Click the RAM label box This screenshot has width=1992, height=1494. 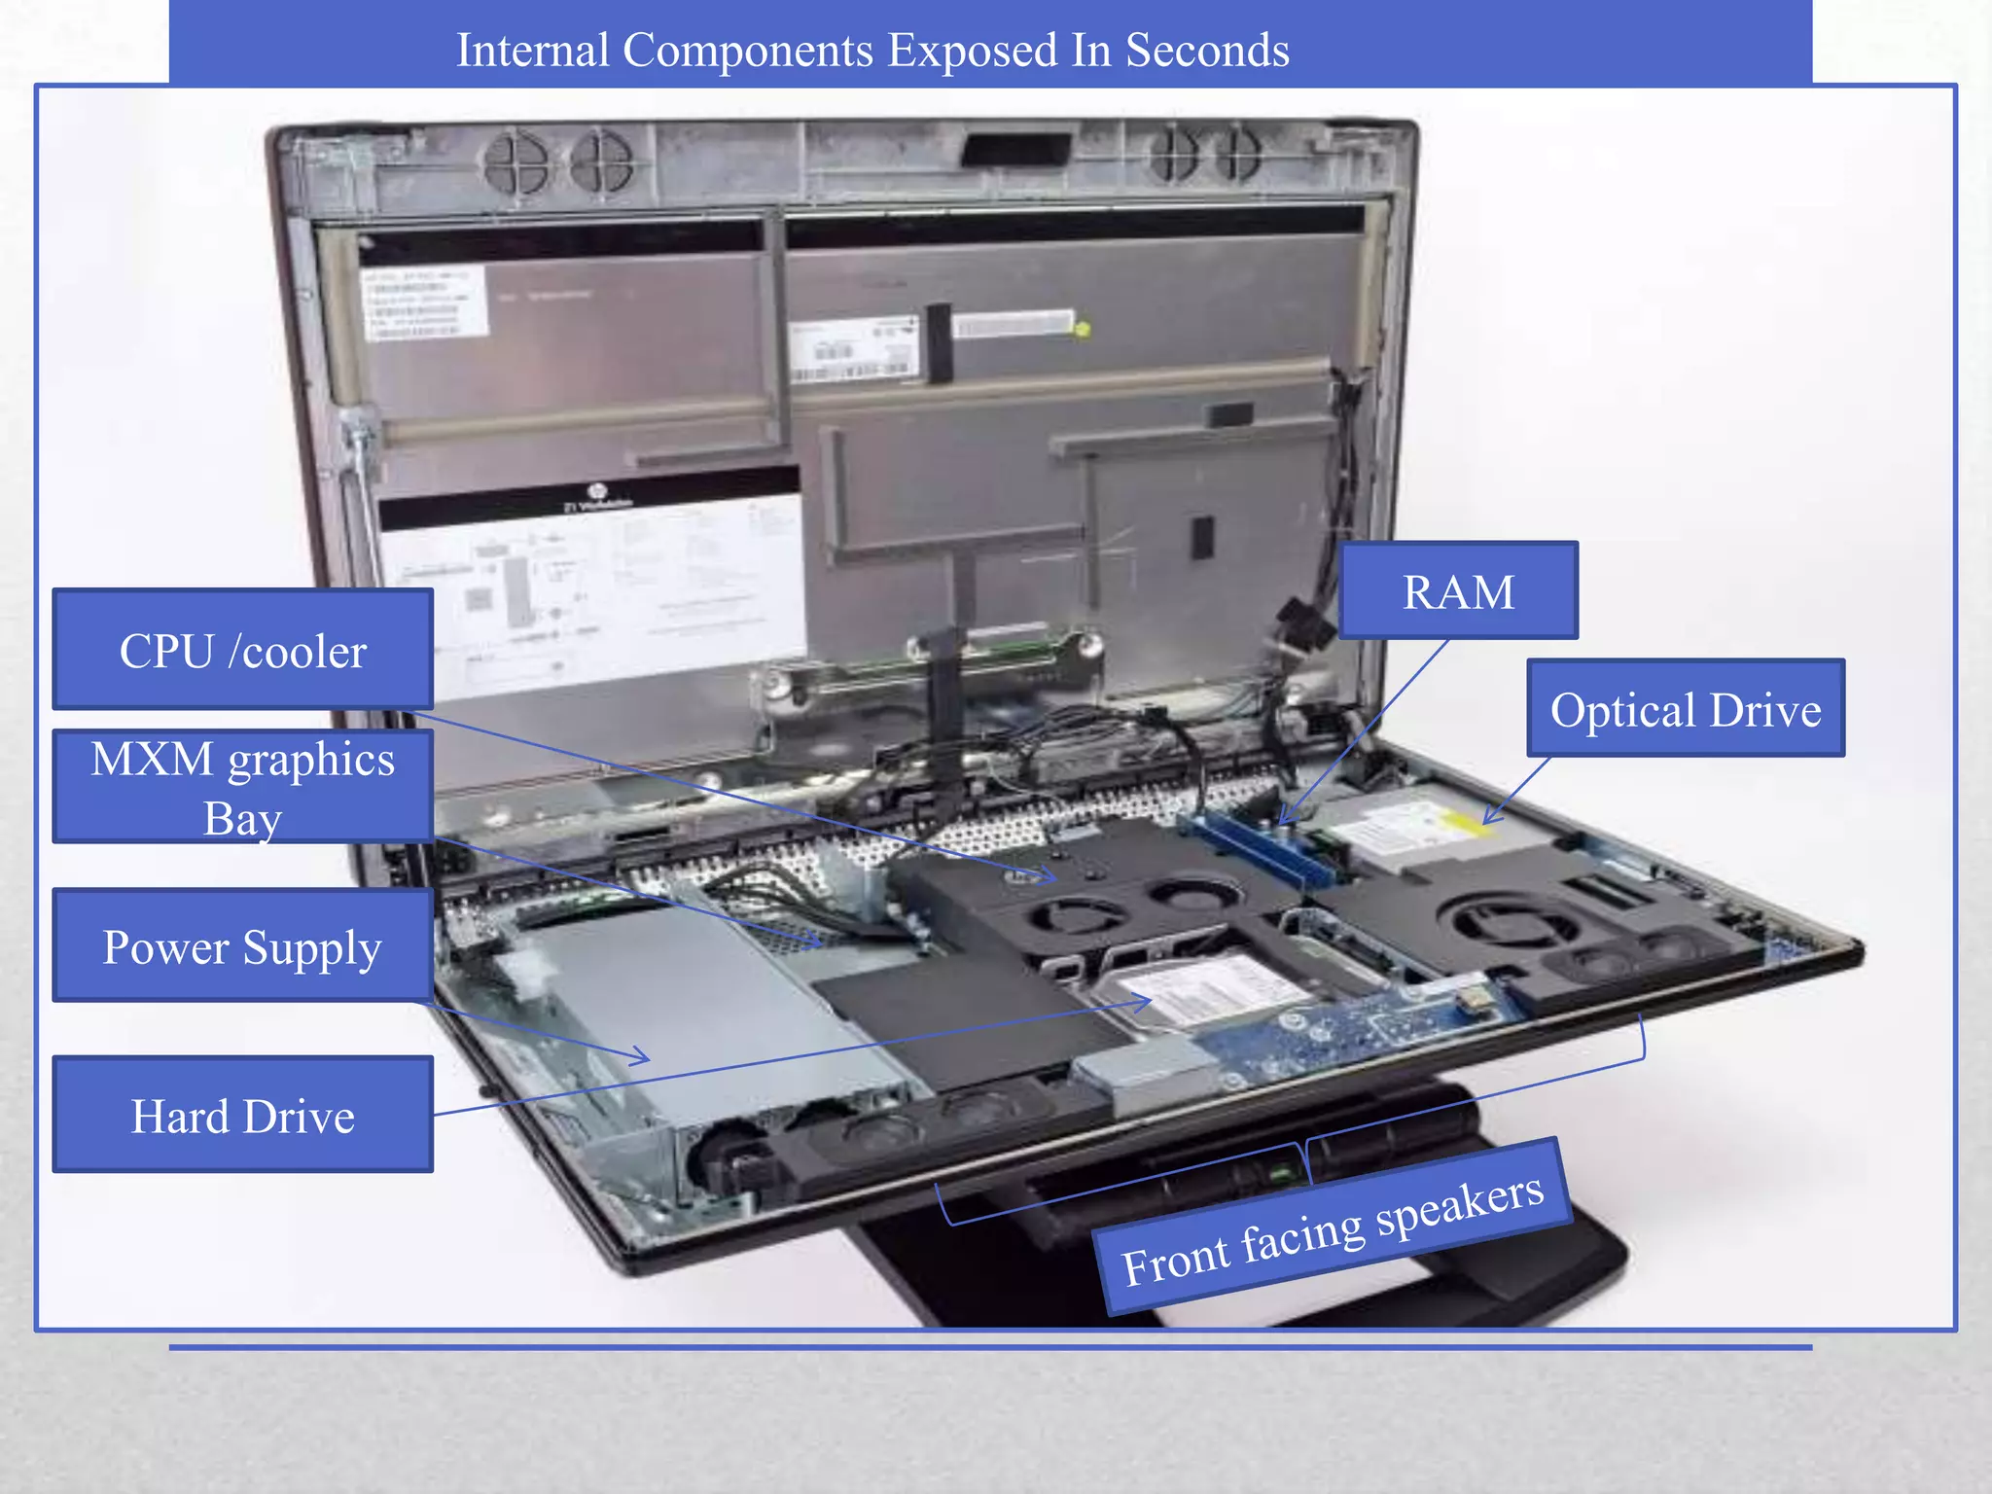pos(1458,590)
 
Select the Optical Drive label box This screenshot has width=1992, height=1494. pos(1685,708)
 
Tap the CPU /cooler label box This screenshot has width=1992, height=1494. pos(242,649)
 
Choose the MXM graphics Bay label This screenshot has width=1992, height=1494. pos(242,786)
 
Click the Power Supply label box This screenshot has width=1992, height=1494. pos(242,945)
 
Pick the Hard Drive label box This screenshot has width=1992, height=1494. pos(242,1115)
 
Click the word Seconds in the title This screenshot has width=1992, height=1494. pos(1207,51)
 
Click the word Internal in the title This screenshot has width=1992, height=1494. pos(532,51)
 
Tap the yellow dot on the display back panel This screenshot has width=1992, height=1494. pos(1082,329)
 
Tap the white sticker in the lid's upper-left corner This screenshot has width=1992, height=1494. pos(425,302)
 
